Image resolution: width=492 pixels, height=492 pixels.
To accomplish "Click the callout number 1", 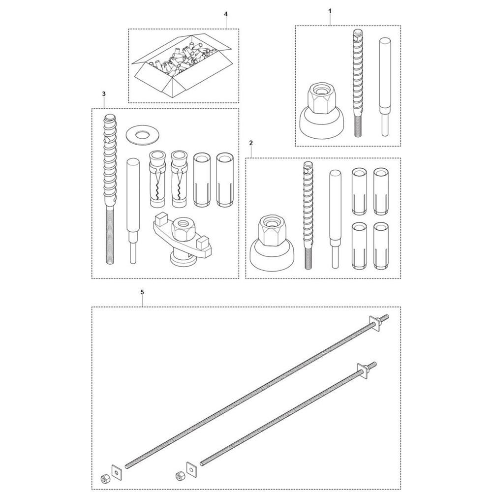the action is tap(330, 11).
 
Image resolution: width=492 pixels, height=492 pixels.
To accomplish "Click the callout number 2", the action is tap(251, 143).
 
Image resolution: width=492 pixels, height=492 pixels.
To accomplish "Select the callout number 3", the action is tap(104, 94).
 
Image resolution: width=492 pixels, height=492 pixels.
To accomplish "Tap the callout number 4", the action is tap(226, 14).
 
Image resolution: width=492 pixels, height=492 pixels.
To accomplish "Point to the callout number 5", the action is tap(142, 292).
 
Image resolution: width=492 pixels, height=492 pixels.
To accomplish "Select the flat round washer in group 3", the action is tap(143, 136).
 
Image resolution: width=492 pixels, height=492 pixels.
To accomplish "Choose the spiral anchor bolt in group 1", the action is tap(358, 83).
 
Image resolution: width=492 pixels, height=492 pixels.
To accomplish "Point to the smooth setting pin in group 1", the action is tap(385, 87).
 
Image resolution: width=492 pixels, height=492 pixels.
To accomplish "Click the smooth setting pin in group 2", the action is tap(335, 219).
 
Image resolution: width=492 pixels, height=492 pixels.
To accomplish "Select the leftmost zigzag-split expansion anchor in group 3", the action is tap(157, 179).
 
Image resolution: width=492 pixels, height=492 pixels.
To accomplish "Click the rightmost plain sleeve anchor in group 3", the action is tap(225, 180).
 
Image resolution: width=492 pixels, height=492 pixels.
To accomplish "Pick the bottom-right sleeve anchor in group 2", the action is tap(381, 246).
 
